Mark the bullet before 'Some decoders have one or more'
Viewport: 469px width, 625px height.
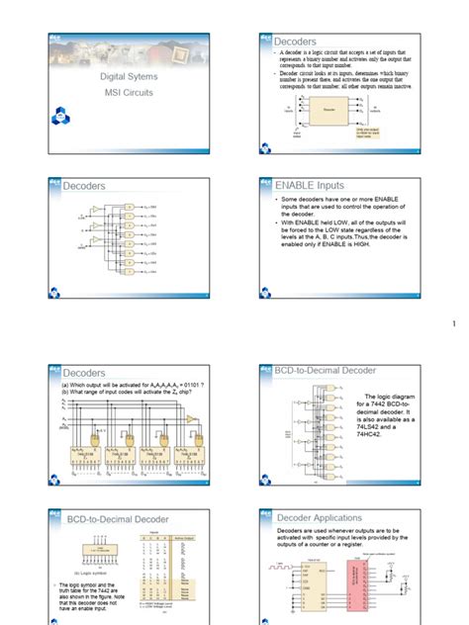pos(268,201)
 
